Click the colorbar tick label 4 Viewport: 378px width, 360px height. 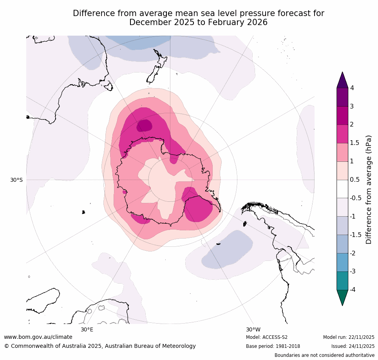[x=352, y=88]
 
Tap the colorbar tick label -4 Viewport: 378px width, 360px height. [x=353, y=289]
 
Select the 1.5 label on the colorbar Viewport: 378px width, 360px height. [x=354, y=143]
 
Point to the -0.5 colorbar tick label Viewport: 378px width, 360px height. [x=356, y=198]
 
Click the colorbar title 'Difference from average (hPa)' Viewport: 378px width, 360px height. [x=369, y=190]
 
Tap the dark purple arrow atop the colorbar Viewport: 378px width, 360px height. [x=342, y=81]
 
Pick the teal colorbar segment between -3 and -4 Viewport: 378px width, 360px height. [x=342, y=280]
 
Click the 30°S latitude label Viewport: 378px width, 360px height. [x=16, y=180]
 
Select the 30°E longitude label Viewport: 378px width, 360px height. [x=87, y=329]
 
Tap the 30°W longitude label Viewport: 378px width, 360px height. [x=253, y=329]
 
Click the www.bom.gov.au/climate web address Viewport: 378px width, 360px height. [x=38, y=337]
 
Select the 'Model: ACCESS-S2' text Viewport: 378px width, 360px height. [x=267, y=337]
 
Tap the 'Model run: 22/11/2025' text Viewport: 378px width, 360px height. [x=349, y=337]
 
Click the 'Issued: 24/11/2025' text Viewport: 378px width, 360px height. [x=353, y=346]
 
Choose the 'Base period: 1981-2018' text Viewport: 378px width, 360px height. [x=272, y=346]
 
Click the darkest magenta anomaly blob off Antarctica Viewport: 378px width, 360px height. [x=144, y=125]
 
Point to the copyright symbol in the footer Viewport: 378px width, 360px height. [x=6, y=346]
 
